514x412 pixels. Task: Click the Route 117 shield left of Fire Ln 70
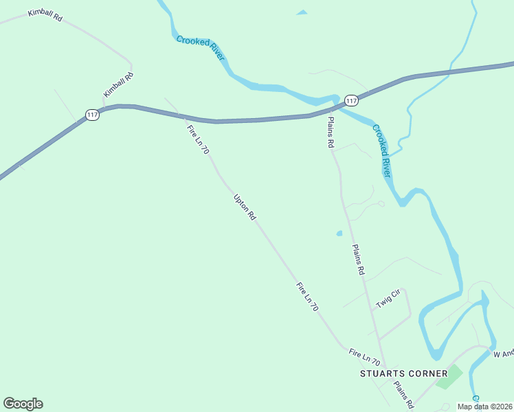[93, 115]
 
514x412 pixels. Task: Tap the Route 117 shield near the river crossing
[351, 101]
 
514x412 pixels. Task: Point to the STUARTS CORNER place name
[403, 374]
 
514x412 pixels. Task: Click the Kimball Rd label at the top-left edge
[45, 16]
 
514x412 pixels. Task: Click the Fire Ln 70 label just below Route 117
[197, 139]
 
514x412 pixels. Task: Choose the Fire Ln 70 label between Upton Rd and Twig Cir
[307, 297]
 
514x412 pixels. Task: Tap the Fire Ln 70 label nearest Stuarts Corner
[364, 356]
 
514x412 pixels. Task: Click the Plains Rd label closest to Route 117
[331, 132]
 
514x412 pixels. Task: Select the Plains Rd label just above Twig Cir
[357, 260]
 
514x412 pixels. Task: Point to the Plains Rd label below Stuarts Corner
[403, 391]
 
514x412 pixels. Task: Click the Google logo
[23, 404]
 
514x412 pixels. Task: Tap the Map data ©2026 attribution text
[484, 407]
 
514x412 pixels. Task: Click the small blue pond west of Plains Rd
[339, 233]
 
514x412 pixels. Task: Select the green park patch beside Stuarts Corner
[449, 376]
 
